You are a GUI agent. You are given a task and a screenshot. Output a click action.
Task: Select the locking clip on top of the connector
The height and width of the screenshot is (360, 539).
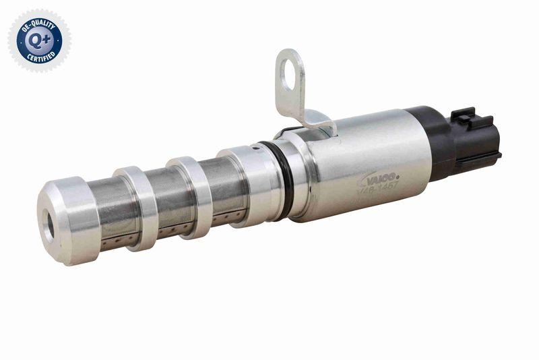(465, 117)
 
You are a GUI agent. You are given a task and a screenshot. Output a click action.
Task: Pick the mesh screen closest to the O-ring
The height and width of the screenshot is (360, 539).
(222, 189)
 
